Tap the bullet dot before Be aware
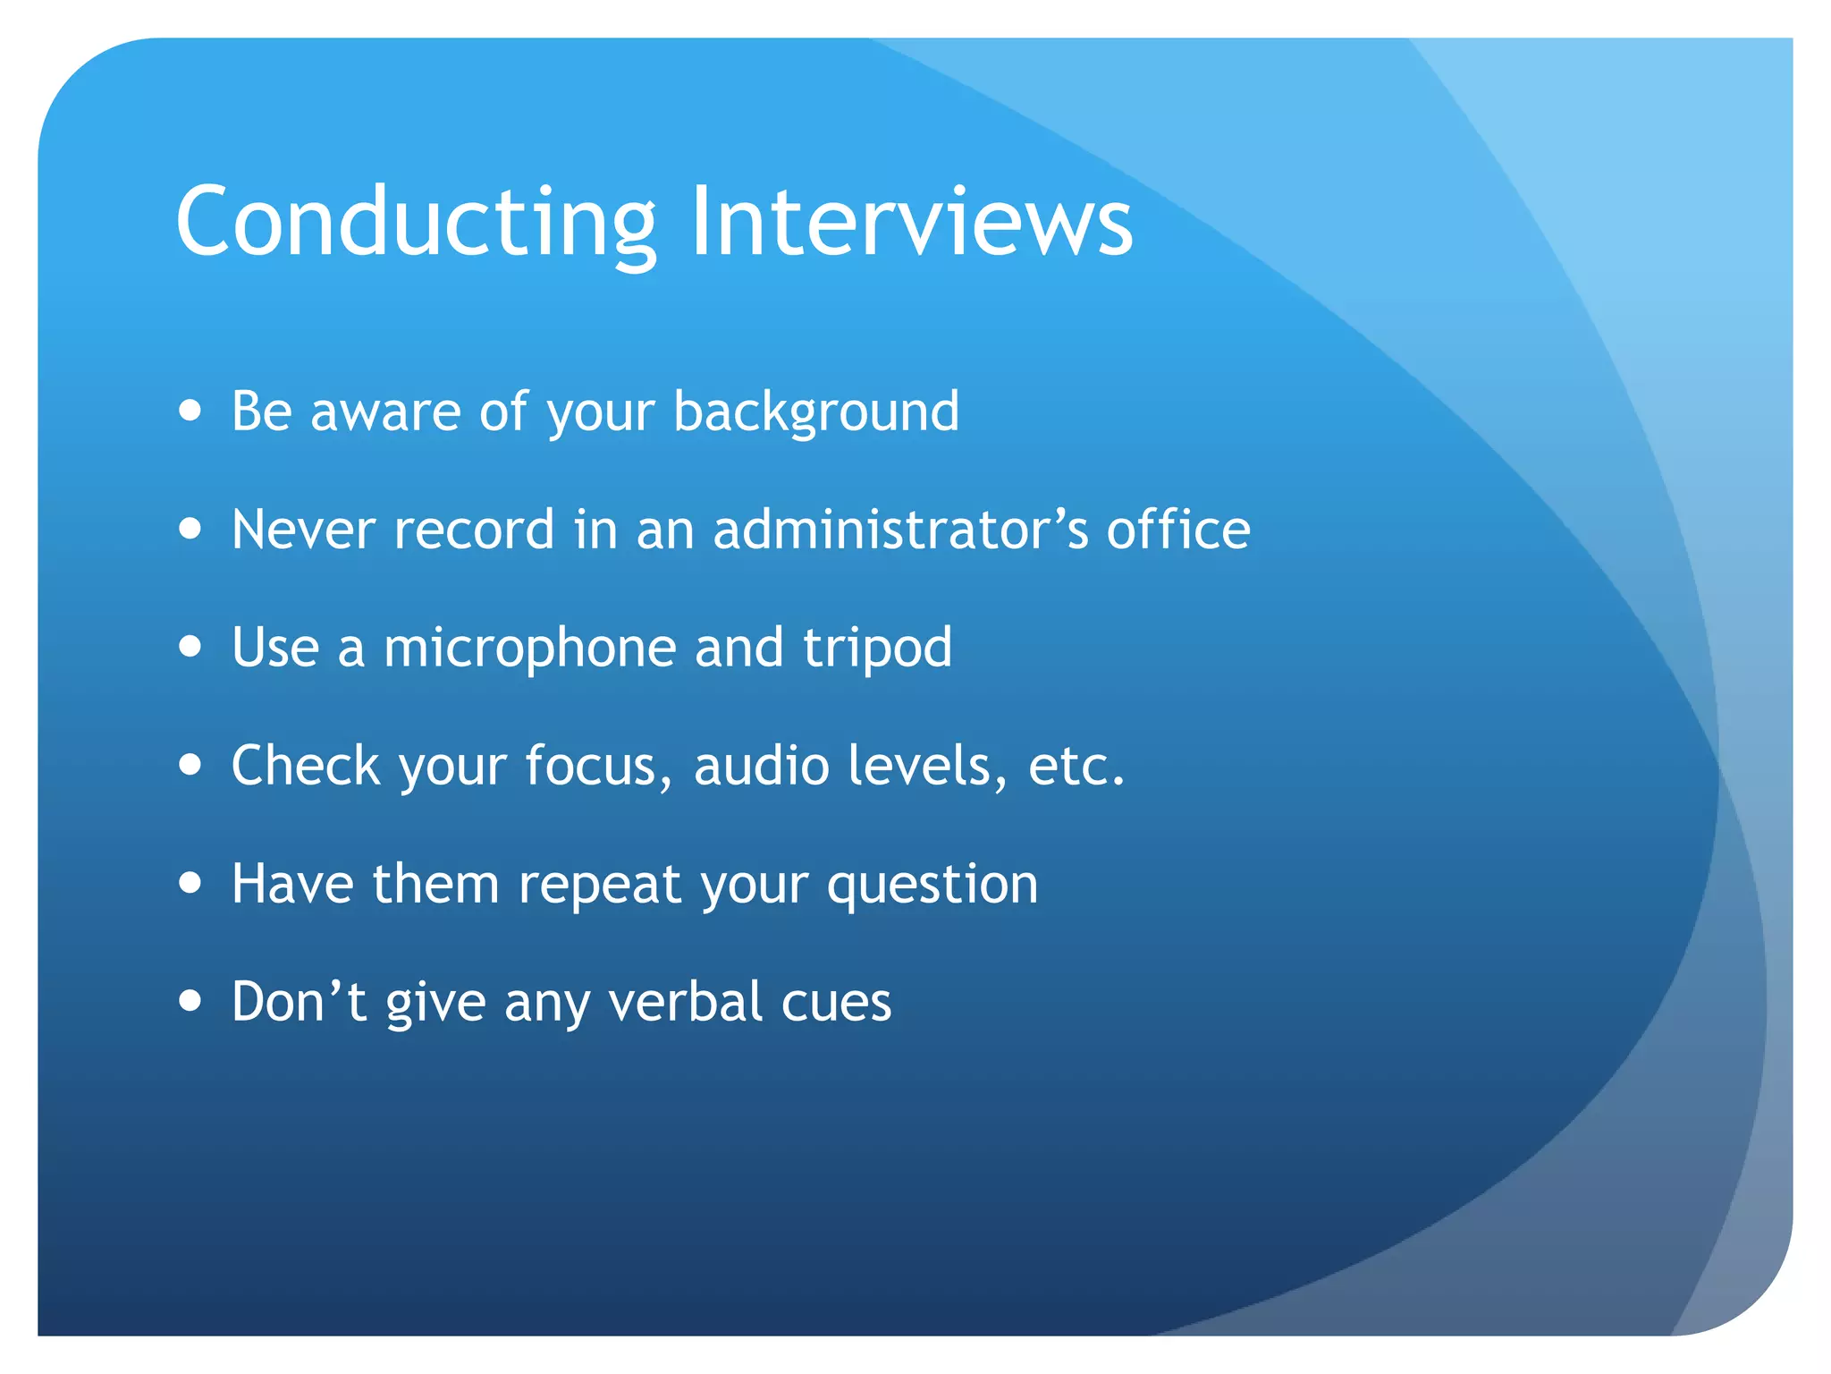(x=190, y=411)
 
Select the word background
(x=815, y=411)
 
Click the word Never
(x=304, y=529)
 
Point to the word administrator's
(x=900, y=529)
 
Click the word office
(x=1177, y=529)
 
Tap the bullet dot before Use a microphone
(x=190, y=646)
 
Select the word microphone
(x=529, y=648)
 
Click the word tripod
(x=877, y=648)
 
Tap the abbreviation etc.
(x=1076, y=766)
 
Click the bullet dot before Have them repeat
(x=190, y=883)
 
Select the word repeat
(x=600, y=886)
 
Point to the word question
(x=932, y=886)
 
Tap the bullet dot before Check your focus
(x=190, y=765)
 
